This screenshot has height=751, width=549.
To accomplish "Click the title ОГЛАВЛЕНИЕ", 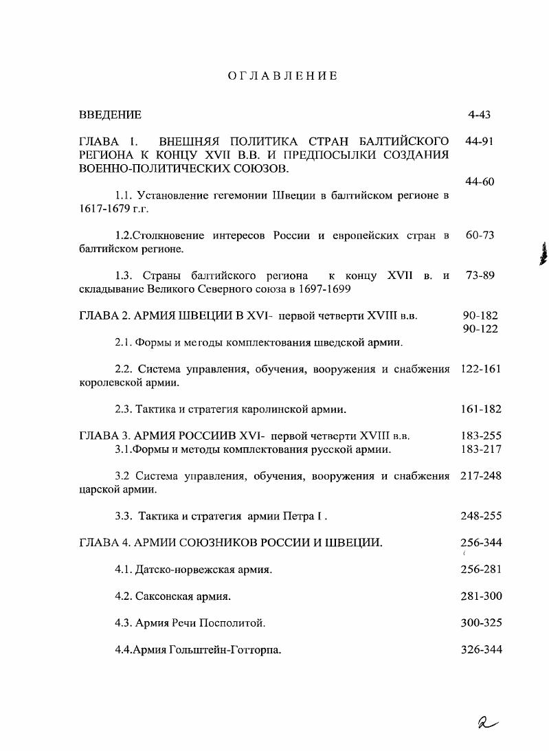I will (282, 76).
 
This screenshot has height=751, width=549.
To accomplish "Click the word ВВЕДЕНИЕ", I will (110, 115).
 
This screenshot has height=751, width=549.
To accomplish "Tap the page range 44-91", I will (480, 142).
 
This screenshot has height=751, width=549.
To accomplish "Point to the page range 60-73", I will (480, 235).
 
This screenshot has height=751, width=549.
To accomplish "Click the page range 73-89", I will (480, 276).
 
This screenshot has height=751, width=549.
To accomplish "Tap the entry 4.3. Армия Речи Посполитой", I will (190, 623).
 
